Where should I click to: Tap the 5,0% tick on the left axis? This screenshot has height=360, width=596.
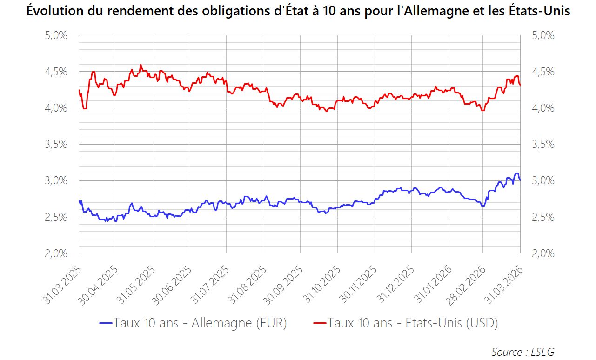[x=56, y=36]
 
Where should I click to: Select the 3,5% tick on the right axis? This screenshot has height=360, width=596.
[x=543, y=145]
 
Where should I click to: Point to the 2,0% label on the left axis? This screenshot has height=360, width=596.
[x=56, y=253]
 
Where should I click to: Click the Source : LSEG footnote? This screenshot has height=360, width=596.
[x=522, y=352]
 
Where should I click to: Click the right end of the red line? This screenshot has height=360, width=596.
[x=520, y=85]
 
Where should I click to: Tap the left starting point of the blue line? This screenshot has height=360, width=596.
[x=79, y=200]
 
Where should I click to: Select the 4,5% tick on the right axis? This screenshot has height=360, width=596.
[x=543, y=72]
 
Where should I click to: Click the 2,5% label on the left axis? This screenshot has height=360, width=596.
[x=56, y=217]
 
